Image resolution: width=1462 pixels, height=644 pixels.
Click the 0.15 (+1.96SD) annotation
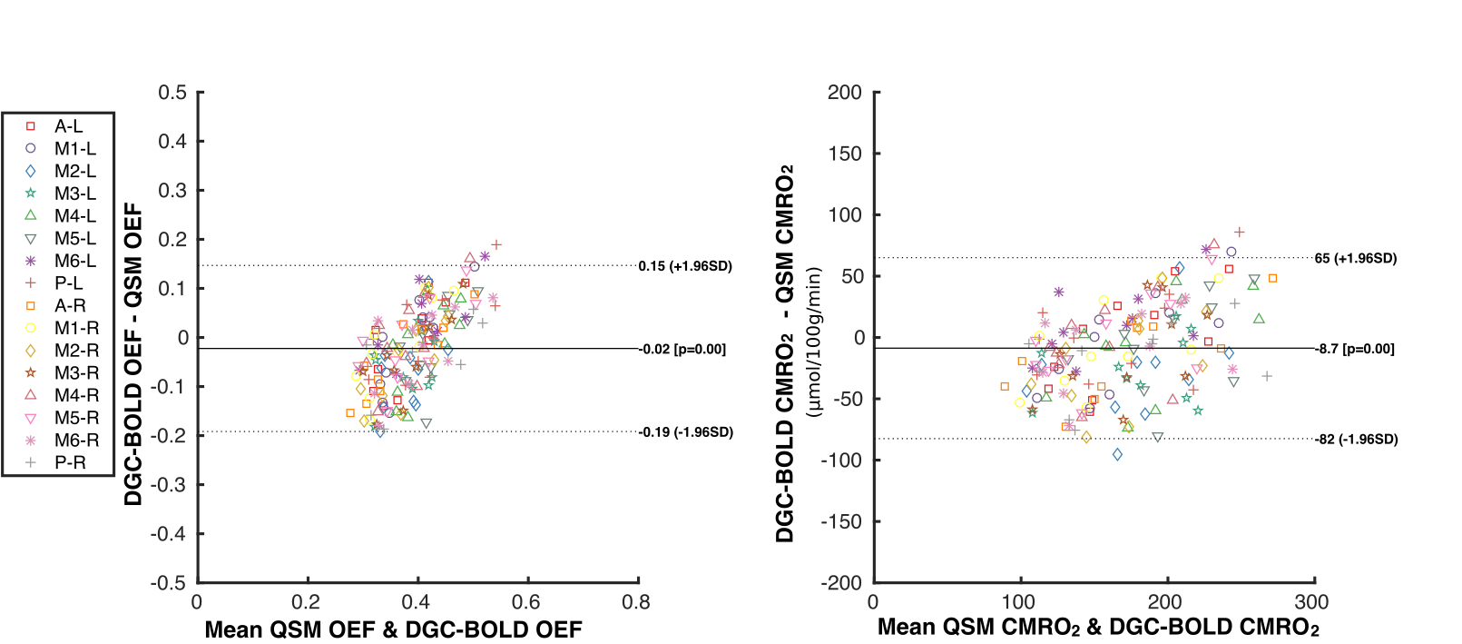[684, 266]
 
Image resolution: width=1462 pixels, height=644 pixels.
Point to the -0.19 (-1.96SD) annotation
[685, 432]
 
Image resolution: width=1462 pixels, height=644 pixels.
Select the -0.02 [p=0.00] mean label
[682, 350]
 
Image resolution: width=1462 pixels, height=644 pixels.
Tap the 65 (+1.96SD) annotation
[1355, 258]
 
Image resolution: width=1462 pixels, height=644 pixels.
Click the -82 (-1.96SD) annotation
[1356, 440]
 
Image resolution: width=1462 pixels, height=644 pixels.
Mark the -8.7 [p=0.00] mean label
[1354, 349]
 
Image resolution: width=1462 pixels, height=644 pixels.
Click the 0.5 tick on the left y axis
[172, 93]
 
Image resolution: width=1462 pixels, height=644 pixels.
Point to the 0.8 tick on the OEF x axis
[635, 602]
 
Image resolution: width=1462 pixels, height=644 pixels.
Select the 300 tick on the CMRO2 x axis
[1311, 602]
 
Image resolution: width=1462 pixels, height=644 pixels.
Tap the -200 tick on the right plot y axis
[843, 583]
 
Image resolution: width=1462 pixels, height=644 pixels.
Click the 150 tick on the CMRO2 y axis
[845, 154]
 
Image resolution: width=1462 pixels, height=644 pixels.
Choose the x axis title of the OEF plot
[393, 629]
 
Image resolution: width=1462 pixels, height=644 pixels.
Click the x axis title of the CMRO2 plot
[1097, 628]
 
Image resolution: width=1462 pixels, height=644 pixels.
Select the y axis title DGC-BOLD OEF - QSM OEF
[133, 354]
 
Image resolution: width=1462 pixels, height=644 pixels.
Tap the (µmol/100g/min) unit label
[814, 342]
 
